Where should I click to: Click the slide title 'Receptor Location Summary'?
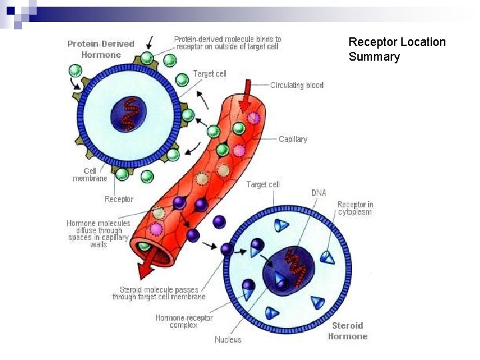[397, 49]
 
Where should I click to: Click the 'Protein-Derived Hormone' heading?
[101, 49]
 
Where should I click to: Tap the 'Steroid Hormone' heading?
[347, 331]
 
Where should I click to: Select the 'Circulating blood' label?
[297, 85]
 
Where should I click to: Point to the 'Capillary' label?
[293, 139]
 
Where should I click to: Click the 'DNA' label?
[319, 193]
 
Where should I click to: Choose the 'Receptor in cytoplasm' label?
[355, 208]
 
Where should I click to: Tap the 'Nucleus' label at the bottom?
[228, 340]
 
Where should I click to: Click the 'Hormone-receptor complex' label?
[184, 321]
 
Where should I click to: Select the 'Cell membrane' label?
[89, 175]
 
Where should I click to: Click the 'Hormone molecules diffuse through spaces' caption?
[99, 234]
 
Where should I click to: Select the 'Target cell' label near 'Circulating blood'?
[209, 74]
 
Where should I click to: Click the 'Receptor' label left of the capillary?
[119, 199]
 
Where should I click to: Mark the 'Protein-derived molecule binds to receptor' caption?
[227, 43]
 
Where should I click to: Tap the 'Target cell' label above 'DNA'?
[263, 184]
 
